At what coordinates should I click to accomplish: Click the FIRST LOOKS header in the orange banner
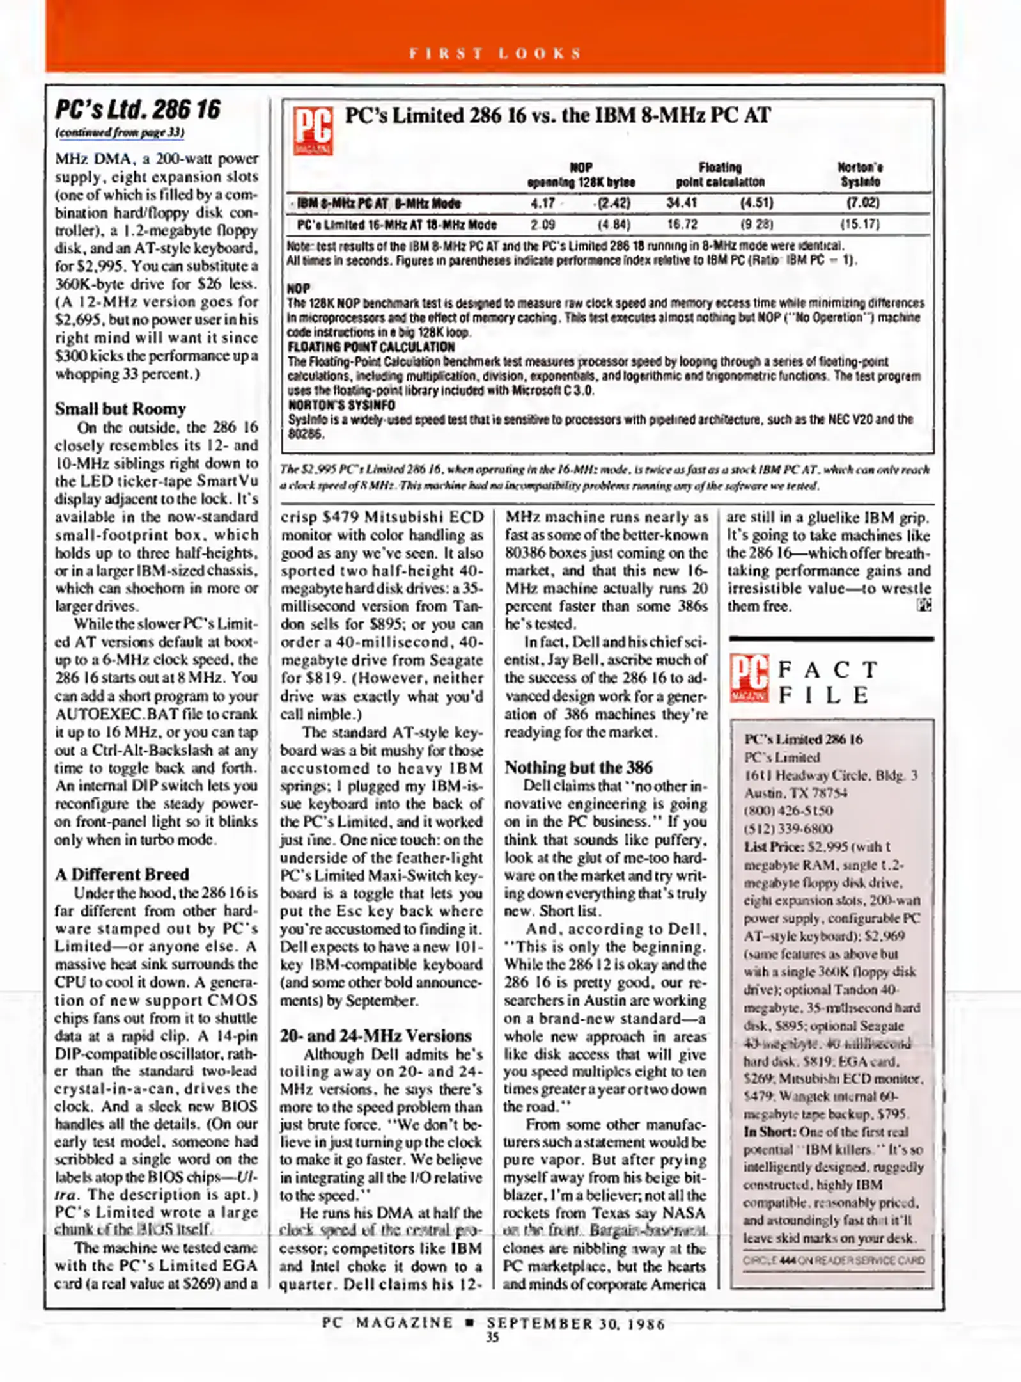click(495, 53)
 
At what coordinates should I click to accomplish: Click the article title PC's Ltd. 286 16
click(137, 109)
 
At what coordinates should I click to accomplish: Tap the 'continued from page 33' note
click(120, 133)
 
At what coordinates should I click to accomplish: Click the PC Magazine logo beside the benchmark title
click(313, 131)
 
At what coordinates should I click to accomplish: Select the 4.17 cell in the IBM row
click(543, 203)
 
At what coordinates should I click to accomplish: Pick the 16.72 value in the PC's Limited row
click(682, 225)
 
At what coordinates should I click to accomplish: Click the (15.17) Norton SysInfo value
click(859, 225)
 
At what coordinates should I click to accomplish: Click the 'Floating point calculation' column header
click(720, 175)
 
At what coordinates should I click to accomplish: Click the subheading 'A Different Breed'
click(121, 874)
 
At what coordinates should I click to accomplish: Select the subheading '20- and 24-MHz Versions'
click(375, 1035)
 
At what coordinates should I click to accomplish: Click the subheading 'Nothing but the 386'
click(579, 767)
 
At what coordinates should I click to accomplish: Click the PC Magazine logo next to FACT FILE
click(749, 679)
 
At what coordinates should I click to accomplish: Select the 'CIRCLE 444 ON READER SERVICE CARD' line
click(833, 1260)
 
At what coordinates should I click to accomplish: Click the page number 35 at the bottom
click(492, 1337)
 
